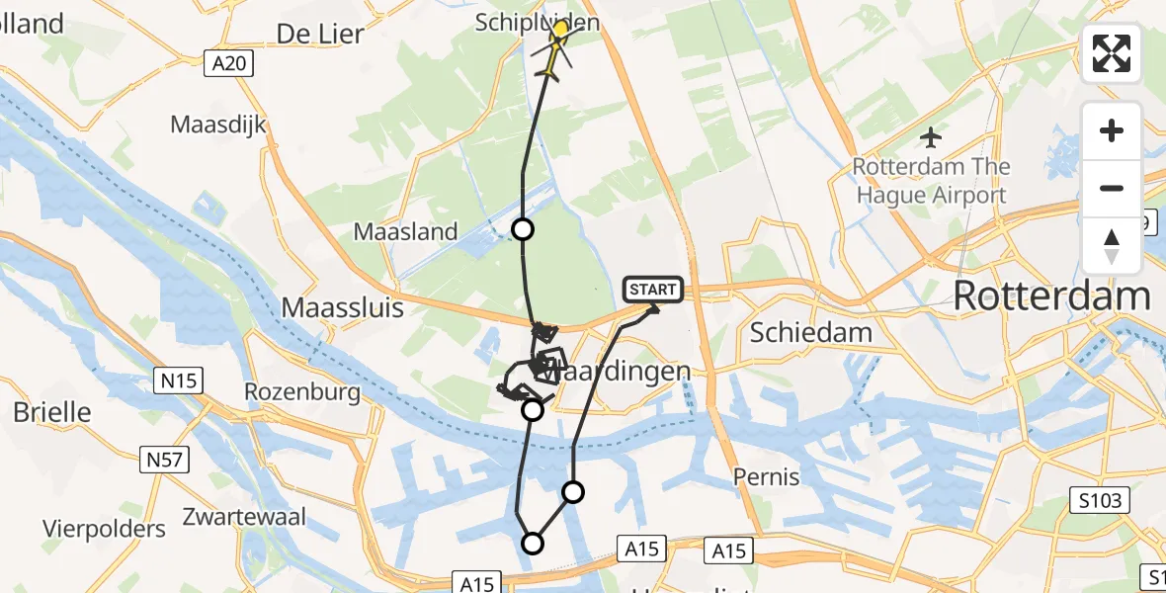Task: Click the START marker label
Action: [653, 290]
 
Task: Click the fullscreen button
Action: [1112, 53]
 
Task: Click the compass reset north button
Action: [1112, 246]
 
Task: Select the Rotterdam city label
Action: [1051, 296]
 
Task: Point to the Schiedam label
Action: [810, 332]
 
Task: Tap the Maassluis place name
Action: [343, 307]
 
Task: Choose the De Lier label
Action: [320, 34]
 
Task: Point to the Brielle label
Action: [52, 412]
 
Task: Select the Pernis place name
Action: [767, 477]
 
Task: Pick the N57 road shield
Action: [164, 459]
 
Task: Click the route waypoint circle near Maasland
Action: [522, 230]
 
